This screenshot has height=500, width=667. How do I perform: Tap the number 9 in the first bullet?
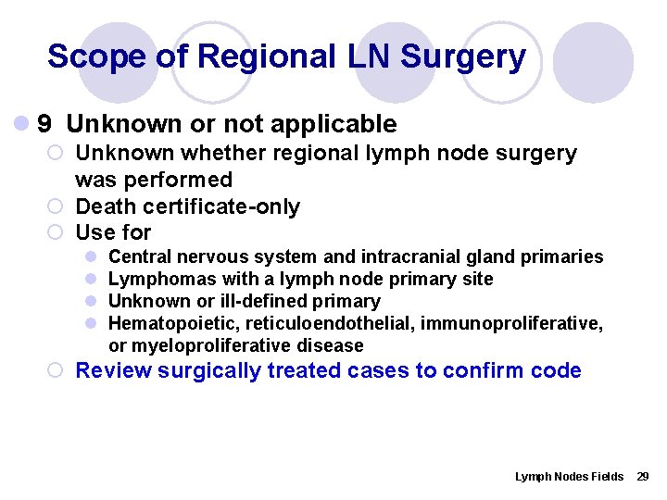point(44,124)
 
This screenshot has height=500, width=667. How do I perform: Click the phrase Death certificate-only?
point(187,206)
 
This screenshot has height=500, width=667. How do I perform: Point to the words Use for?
point(113,232)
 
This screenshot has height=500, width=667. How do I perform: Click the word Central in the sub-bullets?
point(140,256)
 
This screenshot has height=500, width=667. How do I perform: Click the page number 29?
point(643,476)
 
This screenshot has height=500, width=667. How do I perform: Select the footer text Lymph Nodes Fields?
point(569,476)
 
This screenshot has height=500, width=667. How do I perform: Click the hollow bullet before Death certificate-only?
point(57,206)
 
